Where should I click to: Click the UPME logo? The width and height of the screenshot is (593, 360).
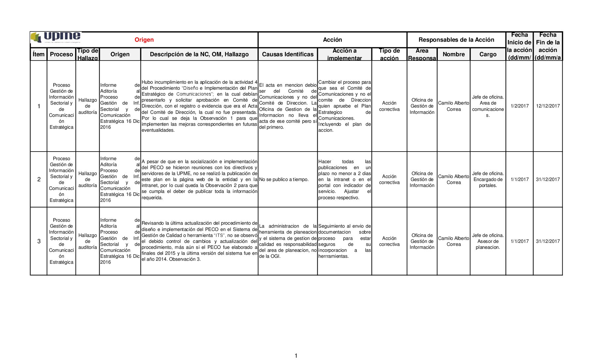tap(56, 37)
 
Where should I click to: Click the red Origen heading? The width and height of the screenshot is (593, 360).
tap(144, 40)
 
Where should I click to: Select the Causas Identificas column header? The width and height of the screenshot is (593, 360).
tap(288, 54)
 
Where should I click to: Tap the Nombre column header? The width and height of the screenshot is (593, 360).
tap(453, 54)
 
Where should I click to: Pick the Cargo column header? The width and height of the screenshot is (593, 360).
tap(488, 54)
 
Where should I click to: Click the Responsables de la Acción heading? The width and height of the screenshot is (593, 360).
tap(456, 40)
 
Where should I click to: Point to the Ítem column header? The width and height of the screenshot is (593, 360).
tap(38, 54)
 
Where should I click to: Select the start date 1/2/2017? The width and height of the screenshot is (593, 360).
tap(520, 106)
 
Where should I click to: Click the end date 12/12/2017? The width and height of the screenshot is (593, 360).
tap(548, 106)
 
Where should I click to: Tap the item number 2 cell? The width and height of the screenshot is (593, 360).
tap(39, 179)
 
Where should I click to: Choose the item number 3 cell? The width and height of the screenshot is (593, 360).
tap(39, 241)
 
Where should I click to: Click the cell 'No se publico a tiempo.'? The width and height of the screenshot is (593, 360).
tap(284, 179)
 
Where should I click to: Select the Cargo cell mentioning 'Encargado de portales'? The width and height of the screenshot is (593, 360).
tap(488, 179)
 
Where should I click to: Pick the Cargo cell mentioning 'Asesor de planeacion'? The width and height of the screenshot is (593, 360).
tap(488, 241)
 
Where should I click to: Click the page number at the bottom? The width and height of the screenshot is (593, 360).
tap(296, 356)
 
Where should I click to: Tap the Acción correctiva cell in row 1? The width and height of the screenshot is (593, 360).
tap(389, 106)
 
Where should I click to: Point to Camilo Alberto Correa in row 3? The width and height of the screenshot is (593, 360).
tap(453, 241)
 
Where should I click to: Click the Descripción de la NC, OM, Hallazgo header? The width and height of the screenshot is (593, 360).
tap(199, 54)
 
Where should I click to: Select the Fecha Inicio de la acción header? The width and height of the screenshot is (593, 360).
tap(519, 46)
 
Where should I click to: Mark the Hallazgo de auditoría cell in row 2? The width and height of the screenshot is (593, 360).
tap(87, 179)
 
